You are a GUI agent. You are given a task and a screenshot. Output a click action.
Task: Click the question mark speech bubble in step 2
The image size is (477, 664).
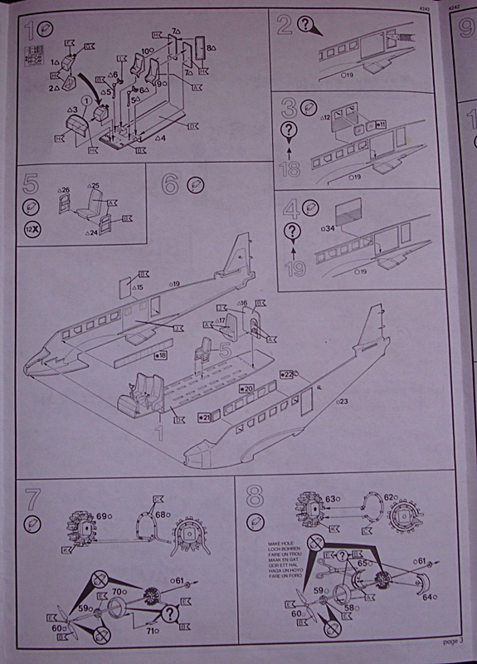[309, 27]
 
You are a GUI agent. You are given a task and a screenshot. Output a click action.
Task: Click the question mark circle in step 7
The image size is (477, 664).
[171, 613]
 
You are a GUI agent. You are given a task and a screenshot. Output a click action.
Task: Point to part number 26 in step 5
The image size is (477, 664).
[65, 190]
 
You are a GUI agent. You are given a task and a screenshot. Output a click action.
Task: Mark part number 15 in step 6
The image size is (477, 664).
[137, 287]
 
